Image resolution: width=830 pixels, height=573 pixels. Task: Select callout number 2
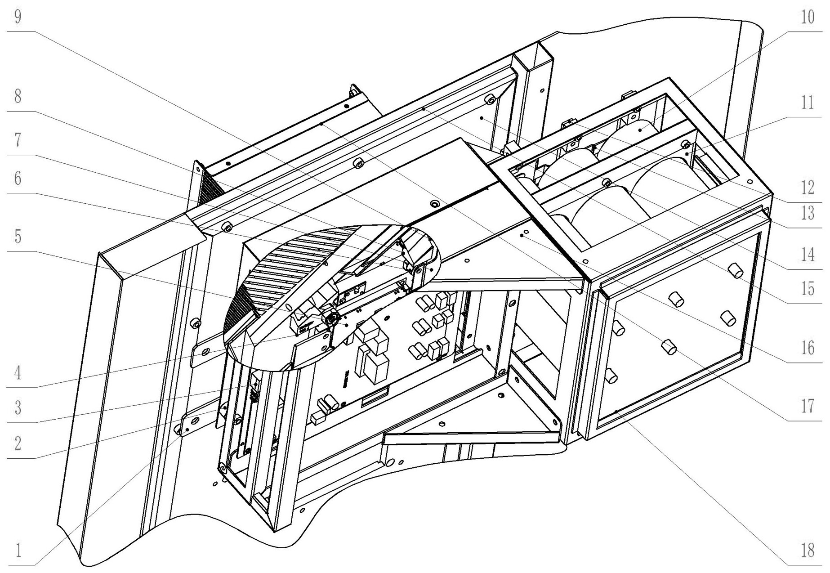point(18,443)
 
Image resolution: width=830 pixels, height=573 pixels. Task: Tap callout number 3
point(18,407)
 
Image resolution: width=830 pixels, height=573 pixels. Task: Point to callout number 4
point(18,372)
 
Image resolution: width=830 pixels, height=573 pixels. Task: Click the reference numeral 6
point(18,178)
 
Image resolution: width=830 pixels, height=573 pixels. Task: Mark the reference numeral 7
point(18,140)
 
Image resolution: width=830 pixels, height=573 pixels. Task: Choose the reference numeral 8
point(18,96)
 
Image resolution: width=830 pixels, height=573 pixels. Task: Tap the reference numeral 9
point(18,18)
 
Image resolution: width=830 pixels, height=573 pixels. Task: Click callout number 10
point(808,18)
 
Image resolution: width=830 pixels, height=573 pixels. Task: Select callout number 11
point(808,103)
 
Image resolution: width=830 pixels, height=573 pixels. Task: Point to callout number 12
point(808,187)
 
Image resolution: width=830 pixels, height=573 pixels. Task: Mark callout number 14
point(808,255)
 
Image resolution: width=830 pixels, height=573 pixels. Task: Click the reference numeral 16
point(808,348)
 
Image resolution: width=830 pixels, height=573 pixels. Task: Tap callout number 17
point(808,406)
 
